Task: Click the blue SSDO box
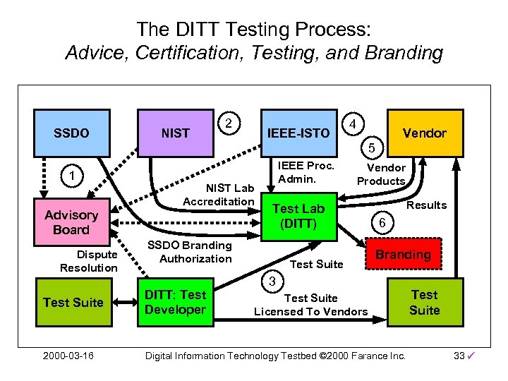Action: point(71,133)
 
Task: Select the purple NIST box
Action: point(175,133)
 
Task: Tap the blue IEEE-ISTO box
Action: point(298,133)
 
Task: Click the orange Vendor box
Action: point(425,133)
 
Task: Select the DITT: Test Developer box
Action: point(175,303)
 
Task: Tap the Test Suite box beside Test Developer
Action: point(73,303)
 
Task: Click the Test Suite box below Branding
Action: point(424,303)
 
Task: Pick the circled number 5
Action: point(371,147)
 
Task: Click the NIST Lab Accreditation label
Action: point(218,195)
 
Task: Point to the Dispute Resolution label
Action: point(89,261)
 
